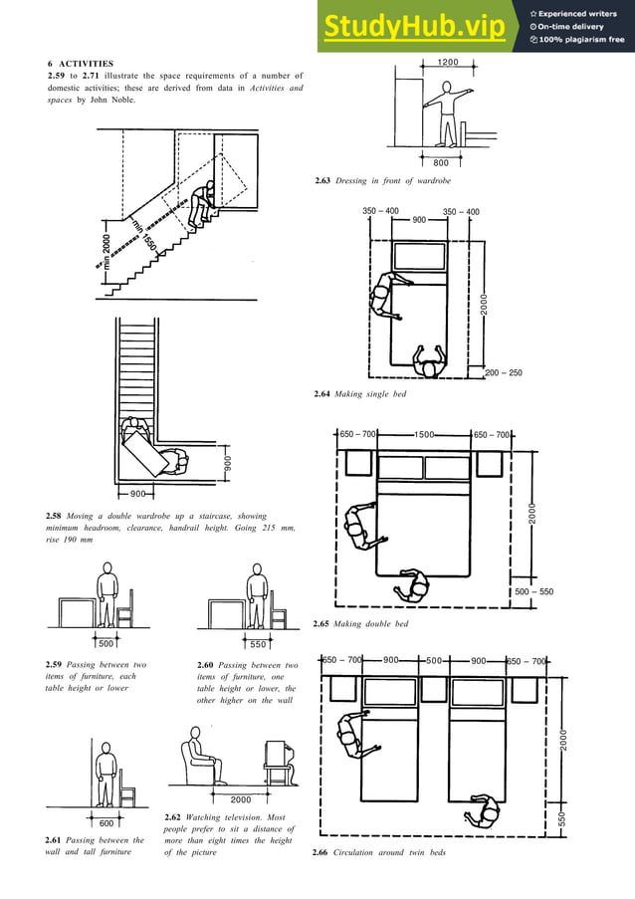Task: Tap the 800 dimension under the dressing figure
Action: point(441,162)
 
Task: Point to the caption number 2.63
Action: point(324,180)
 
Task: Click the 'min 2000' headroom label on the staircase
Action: point(104,252)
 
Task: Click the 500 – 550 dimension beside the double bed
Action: point(533,591)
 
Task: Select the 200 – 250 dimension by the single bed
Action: point(503,373)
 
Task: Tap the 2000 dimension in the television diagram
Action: point(240,798)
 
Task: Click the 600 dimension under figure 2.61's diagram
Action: point(106,823)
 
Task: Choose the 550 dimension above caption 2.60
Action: point(259,644)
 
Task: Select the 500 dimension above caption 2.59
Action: point(106,644)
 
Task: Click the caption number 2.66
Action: point(324,854)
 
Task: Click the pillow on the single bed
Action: point(419,256)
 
